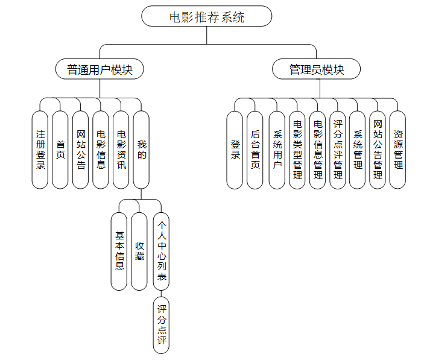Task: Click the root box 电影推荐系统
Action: click(206, 16)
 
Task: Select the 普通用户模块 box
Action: click(100, 69)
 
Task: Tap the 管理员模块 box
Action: click(317, 69)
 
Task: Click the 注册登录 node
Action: click(40, 150)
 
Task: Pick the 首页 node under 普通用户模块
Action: click(60, 150)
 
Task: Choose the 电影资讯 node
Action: click(121, 150)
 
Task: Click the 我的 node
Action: click(141, 150)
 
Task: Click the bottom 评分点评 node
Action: click(161, 325)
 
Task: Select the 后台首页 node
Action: click(255, 150)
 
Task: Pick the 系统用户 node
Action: click(277, 150)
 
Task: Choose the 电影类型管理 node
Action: click(297, 150)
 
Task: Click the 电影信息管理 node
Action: click(318, 150)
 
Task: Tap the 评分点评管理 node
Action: click(338, 150)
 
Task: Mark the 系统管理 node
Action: click(358, 150)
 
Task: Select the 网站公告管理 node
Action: click(378, 150)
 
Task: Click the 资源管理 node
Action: click(397, 150)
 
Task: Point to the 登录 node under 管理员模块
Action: click(235, 150)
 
